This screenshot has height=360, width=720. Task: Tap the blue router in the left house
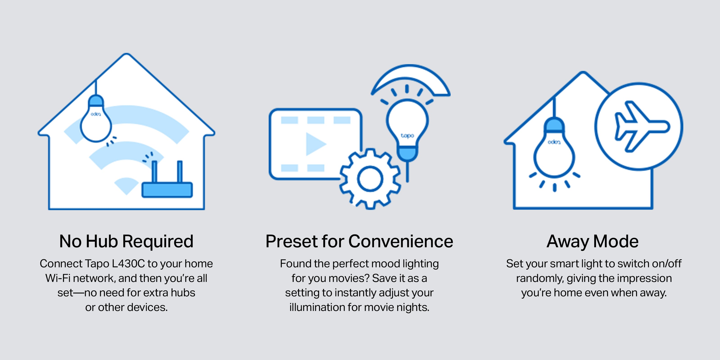pyautogui.click(x=167, y=190)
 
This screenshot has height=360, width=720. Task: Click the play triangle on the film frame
pyautogui.click(x=316, y=144)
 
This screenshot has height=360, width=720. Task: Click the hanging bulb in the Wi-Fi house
pyautogui.click(x=96, y=119)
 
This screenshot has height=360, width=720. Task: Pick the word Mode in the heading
pyautogui.click(x=616, y=241)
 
